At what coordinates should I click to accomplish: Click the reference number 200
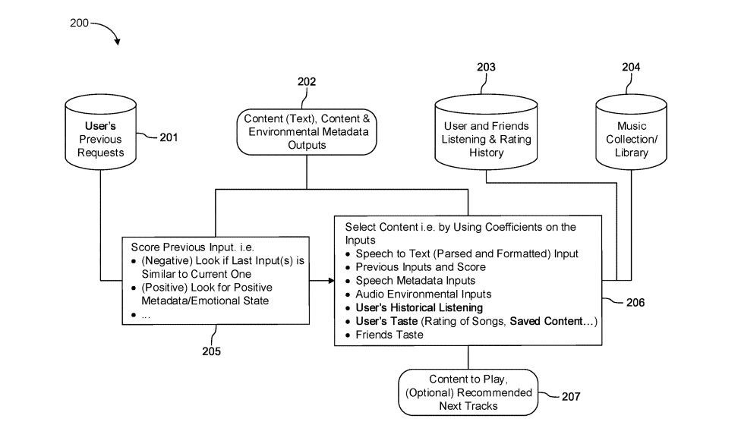tap(79, 23)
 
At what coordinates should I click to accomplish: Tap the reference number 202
tap(307, 81)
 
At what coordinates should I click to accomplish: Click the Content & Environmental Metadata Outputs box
tap(306, 131)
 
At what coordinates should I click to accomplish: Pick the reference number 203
tap(486, 67)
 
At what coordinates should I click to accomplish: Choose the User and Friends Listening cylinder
tap(486, 137)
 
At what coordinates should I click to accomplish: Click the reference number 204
tap(631, 67)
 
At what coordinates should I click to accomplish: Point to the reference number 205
tap(212, 351)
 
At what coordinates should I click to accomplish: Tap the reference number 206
tap(636, 302)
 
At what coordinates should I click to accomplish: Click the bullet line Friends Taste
tap(389, 335)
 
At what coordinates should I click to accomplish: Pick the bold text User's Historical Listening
tap(418, 307)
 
